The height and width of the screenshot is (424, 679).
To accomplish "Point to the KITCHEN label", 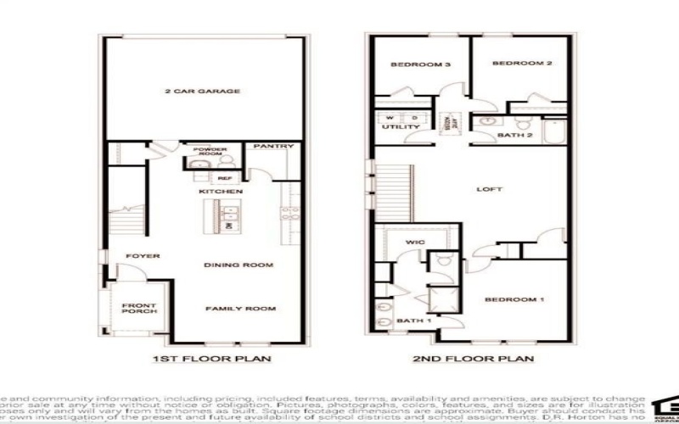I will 221,192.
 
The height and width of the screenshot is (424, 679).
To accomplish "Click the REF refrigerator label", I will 224,179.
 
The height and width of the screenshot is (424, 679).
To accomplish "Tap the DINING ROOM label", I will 238,265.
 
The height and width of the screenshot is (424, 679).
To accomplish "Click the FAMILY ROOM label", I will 241,309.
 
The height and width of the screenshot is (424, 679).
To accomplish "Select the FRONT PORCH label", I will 137,310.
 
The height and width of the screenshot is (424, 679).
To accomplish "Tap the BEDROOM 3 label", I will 413,64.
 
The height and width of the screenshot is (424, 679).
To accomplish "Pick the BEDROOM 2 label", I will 517,63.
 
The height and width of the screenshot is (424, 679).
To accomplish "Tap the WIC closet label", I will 415,243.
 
